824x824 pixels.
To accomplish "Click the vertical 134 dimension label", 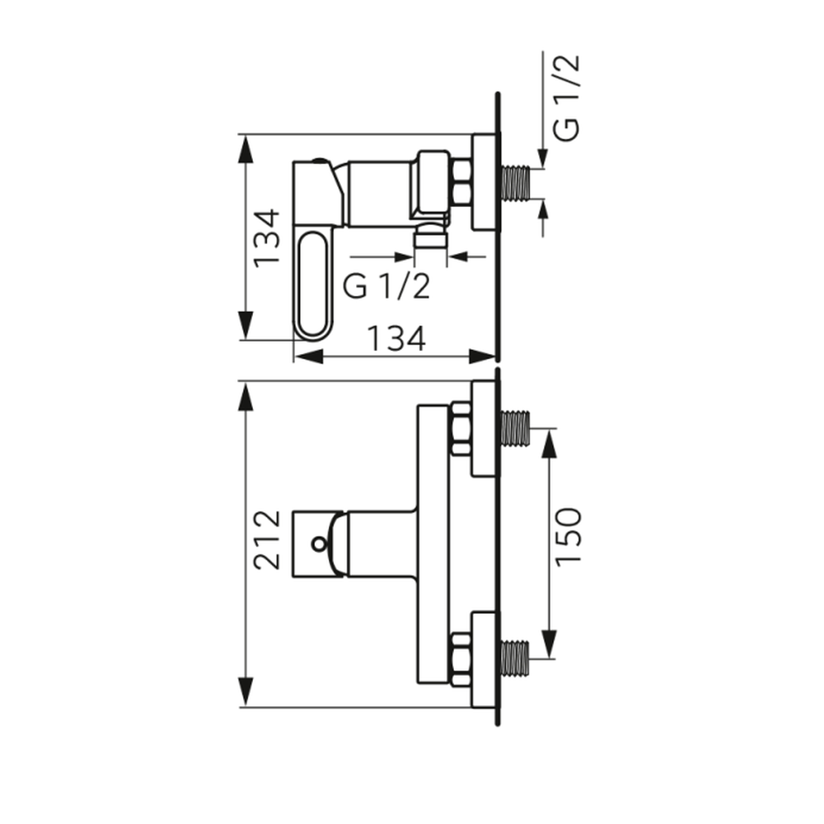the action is (266, 238).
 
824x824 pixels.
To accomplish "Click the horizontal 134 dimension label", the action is (396, 339).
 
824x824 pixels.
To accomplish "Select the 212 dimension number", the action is (266, 540).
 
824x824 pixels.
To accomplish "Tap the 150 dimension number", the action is (568, 536).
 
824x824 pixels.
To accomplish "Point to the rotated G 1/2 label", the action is (567, 98).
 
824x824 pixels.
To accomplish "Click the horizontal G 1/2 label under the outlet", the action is (386, 287).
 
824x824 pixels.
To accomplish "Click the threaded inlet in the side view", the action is (516, 184).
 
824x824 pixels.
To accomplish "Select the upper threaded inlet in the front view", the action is (516, 428).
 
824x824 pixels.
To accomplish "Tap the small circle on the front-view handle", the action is (318, 544).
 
